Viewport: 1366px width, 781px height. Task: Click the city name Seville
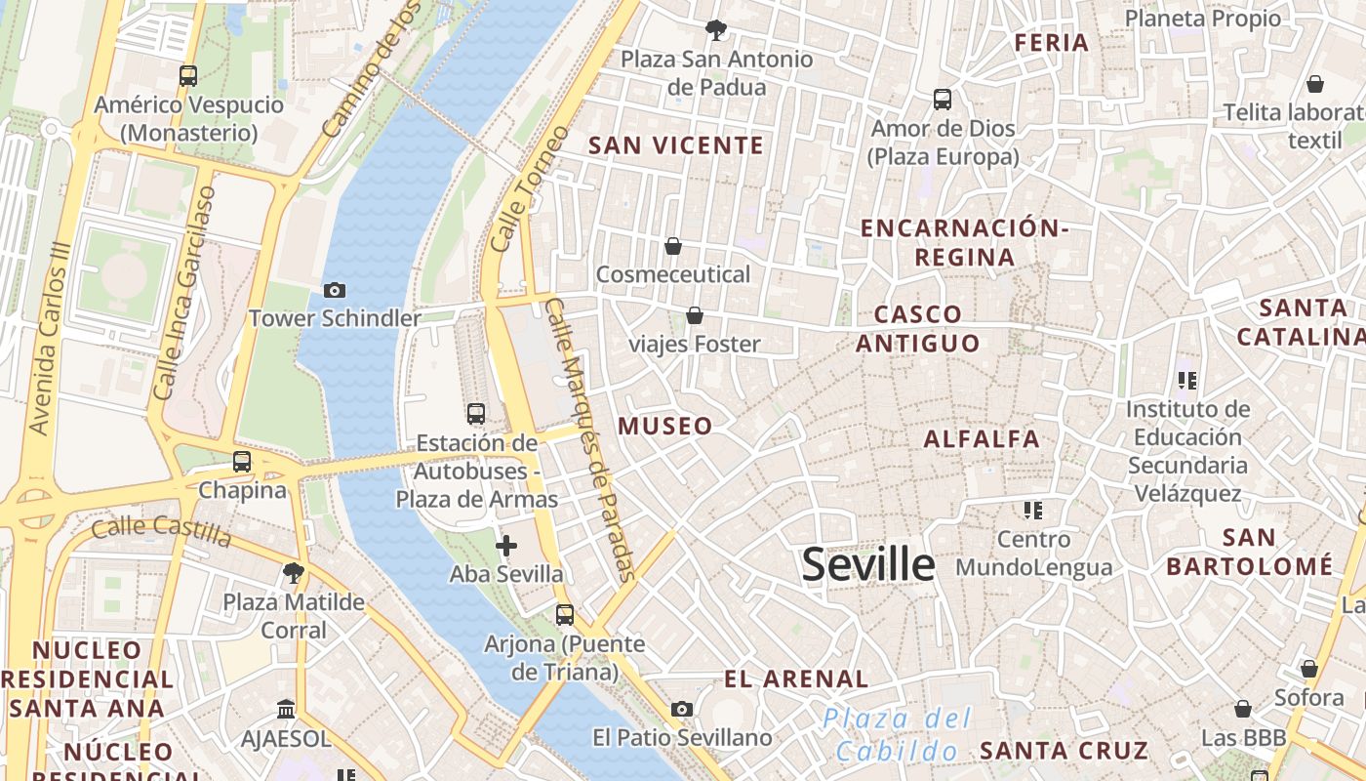coord(867,565)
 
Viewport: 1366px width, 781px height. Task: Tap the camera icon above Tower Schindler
coord(335,290)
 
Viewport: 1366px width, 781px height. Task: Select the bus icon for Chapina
coord(242,462)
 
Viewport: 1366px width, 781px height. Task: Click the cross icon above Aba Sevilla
coord(506,546)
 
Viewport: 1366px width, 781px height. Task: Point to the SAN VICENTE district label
coord(676,145)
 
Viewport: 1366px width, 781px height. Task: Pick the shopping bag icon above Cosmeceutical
coord(672,246)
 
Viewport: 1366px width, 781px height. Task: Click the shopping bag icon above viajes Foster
coord(694,315)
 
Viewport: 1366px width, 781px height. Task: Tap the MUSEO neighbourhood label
coord(664,426)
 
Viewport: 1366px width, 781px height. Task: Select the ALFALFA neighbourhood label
coord(982,439)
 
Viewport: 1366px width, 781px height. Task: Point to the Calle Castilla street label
coord(161,532)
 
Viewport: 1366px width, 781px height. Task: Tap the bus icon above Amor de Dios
coord(942,100)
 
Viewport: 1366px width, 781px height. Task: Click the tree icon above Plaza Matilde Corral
coord(292,573)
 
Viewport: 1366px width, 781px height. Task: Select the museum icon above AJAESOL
coord(286,708)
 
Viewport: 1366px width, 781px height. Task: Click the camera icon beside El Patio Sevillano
coord(682,709)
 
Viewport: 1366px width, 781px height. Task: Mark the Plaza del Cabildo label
coord(896,735)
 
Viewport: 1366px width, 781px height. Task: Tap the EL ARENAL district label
coord(796,678)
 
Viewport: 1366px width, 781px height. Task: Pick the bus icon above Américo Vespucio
coord(188,76)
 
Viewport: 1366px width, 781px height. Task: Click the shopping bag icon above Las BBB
coord(1242,709)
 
